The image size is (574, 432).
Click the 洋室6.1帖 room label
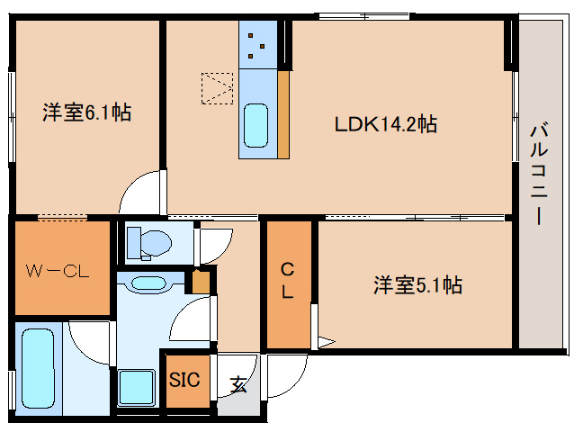click(86, 113)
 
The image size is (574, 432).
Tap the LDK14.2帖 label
click(386, 125)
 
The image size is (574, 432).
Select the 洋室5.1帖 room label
click(418, 286)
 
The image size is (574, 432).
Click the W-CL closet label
click(56, 269)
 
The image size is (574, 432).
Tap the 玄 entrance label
click(238, 384)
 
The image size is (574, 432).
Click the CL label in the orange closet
click(288, 280)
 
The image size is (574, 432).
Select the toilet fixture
click(149, 242)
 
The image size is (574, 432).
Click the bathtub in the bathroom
click(38, 369)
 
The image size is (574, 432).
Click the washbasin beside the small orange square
click(148, 283)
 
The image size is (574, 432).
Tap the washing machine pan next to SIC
click(138, 388)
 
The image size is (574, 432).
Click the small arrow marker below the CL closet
click(325, 342)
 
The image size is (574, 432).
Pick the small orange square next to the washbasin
click(202, 283)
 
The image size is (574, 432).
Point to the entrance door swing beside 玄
click(281, 373)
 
